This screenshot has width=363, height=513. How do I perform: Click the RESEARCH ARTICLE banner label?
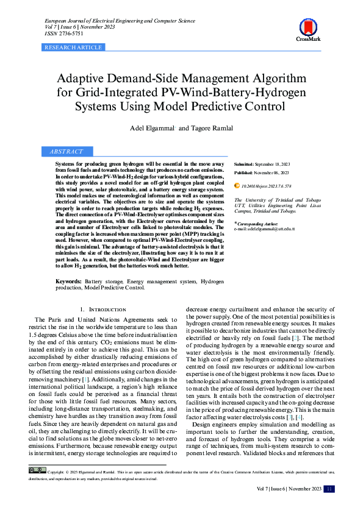click(x=74, y=47)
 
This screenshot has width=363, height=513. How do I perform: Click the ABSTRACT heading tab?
click(x=66, y=151)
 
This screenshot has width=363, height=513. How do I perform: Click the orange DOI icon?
click(x=237, y=185)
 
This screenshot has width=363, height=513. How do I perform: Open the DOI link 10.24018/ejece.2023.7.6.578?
click(x=267, y=185)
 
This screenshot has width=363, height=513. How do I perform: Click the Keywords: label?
click(x=69, y=281)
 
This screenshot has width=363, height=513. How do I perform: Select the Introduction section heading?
click(x=103, y=310)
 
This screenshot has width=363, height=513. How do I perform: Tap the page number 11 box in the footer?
click(x=329, y=488)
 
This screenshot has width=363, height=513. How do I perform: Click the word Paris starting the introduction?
click(x=54, y=320)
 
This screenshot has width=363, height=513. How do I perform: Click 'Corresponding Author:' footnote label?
click(x=257, y=223)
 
